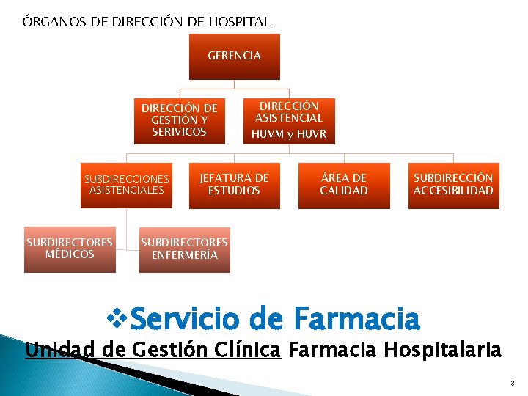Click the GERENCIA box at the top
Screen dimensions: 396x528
pos(234,56)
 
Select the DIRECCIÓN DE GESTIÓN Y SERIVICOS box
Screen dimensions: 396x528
pos(180,120)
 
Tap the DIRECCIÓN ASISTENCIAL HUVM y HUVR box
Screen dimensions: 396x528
pos(289,120)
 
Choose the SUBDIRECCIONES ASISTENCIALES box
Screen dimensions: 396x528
pos(127,185)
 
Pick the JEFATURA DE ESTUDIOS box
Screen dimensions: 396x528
pos(234,185)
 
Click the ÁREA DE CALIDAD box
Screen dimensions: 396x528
pos(343,185)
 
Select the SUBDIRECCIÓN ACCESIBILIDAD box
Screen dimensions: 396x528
pos(453,185)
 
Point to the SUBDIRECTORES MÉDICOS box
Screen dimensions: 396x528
pos(70,249)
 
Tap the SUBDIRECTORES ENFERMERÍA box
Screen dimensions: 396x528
pos(184,249)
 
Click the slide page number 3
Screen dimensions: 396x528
pos(513,384)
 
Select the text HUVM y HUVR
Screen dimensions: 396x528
pos(289,134)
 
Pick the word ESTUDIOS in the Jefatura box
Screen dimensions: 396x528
pos(234,191)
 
